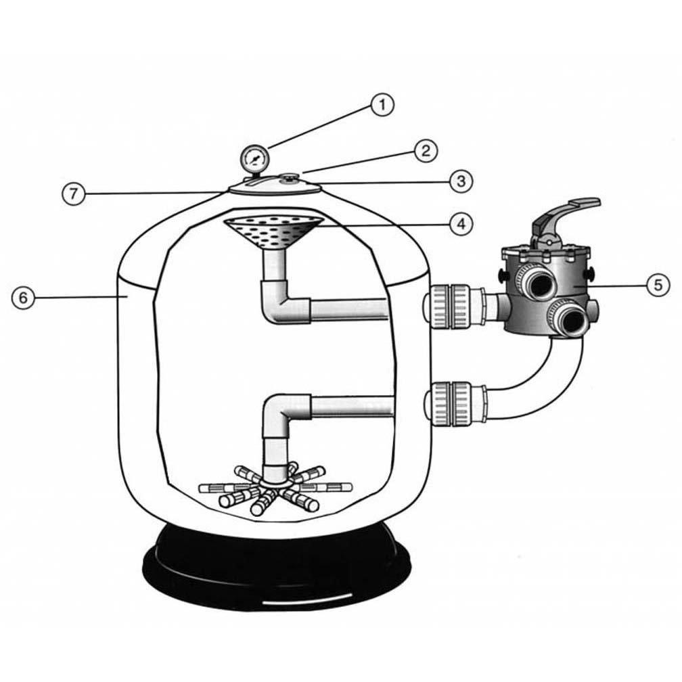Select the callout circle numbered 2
tap(425, 150)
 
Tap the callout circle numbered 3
tap(459, 181)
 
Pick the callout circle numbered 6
tap(24, 298)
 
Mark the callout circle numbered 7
tap(74, 193)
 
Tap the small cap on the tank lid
tap(290, 179)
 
